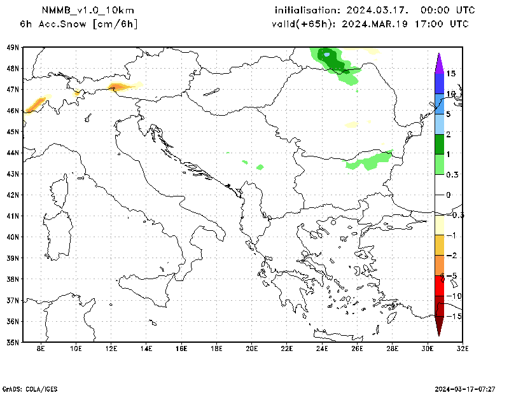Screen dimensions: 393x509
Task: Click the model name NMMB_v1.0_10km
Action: [87, 10]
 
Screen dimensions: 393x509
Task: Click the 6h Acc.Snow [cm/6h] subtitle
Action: [79, 24]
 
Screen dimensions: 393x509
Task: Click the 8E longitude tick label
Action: [41, 348]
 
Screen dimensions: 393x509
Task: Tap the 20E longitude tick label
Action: [251, 348]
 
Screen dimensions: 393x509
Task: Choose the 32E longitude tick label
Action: [463, 348]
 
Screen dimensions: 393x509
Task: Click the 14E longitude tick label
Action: [146, 348]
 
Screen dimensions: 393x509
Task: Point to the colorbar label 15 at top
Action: [451, 74]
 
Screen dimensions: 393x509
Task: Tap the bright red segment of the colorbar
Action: [439, 286]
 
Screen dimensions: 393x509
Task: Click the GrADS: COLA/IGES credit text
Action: [29, 388]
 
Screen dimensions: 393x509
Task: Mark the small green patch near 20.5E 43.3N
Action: [260, 167]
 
